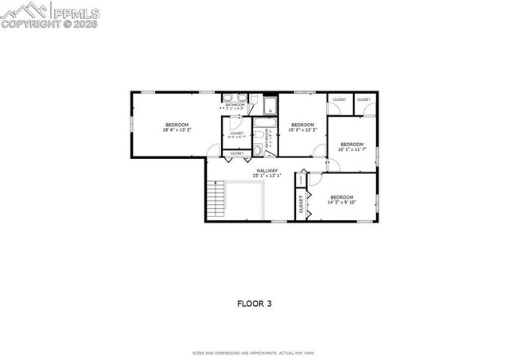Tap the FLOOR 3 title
point(254,304)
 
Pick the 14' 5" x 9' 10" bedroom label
point(341,199)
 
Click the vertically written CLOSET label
point(301,206)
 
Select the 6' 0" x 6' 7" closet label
point(237,135)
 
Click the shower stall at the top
point(270,106)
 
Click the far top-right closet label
point(363,99)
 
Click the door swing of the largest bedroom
point(212,150)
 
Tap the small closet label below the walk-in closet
point(237,153)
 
